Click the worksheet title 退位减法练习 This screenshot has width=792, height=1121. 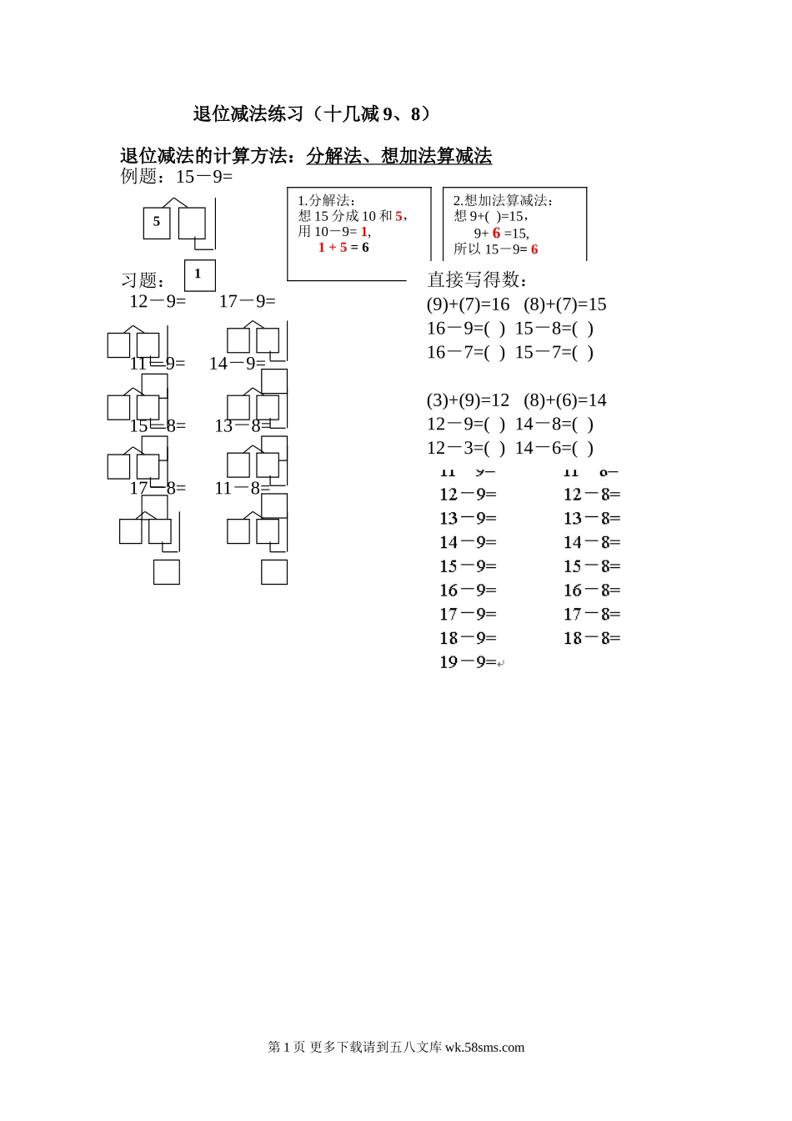click(x=312, y=113)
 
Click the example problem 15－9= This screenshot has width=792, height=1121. click(x=204, y=177)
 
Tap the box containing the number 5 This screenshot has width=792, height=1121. click(x=157, y=222)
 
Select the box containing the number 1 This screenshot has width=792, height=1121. click(x=199, y=274)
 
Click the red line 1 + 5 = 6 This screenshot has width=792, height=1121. click(x=343, y=248)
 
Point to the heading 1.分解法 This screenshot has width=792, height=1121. click(x=327, y=200)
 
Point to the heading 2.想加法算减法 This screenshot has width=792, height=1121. click(x=504, y=200)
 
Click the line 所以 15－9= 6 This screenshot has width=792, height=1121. click(x=496, y=249)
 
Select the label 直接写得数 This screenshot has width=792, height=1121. click(x=477, y=279)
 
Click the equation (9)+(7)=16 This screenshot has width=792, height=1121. click(x=468, y=304)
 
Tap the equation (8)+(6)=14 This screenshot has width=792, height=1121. click(x=565, y=400)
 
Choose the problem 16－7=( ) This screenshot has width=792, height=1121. click(x=466, y=352)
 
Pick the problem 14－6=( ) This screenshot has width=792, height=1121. click(x=554, y=448)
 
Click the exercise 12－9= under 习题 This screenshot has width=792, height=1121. click(x=158, y=301)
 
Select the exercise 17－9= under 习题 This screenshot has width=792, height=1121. click(x=247, y=301)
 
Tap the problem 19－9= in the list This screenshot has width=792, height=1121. click(x=468, y=662)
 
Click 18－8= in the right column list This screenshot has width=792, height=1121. click(x=592, y=639)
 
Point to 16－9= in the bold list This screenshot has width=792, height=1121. click(x=468, y=591)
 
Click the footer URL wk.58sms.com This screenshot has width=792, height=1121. click(x=484, y=1048)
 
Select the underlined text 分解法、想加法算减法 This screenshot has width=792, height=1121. click(x=399, y=156)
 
